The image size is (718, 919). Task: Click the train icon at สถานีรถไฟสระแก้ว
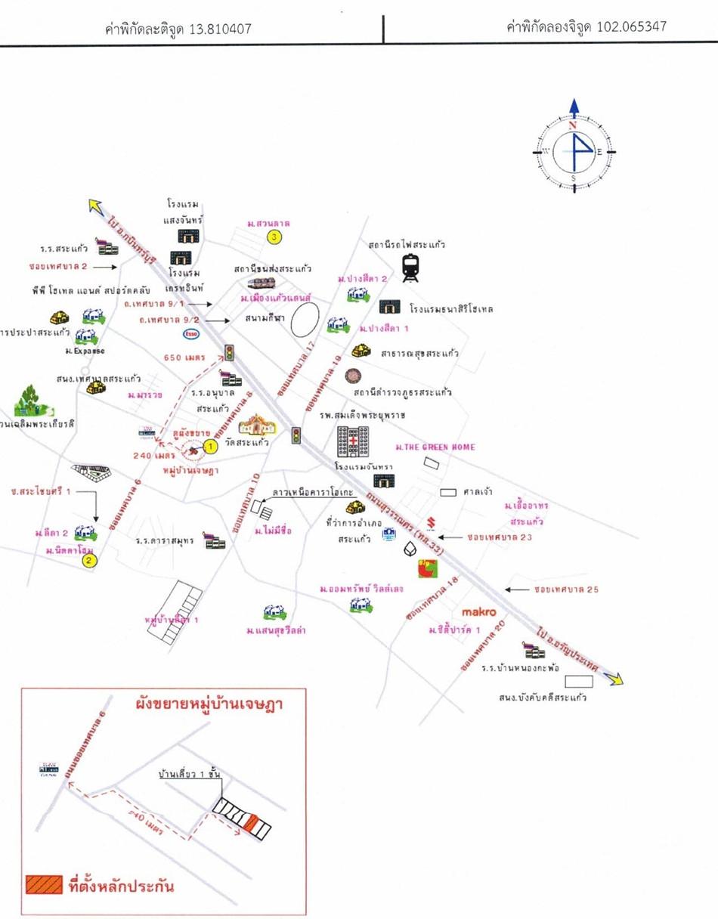410,268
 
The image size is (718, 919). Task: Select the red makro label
478,612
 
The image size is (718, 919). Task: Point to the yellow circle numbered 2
89,560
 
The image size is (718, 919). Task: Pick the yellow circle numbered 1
212,447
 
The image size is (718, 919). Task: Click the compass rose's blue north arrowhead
574,109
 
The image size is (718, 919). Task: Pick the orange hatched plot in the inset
252,822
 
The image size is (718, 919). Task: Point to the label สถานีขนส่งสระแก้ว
274,268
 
